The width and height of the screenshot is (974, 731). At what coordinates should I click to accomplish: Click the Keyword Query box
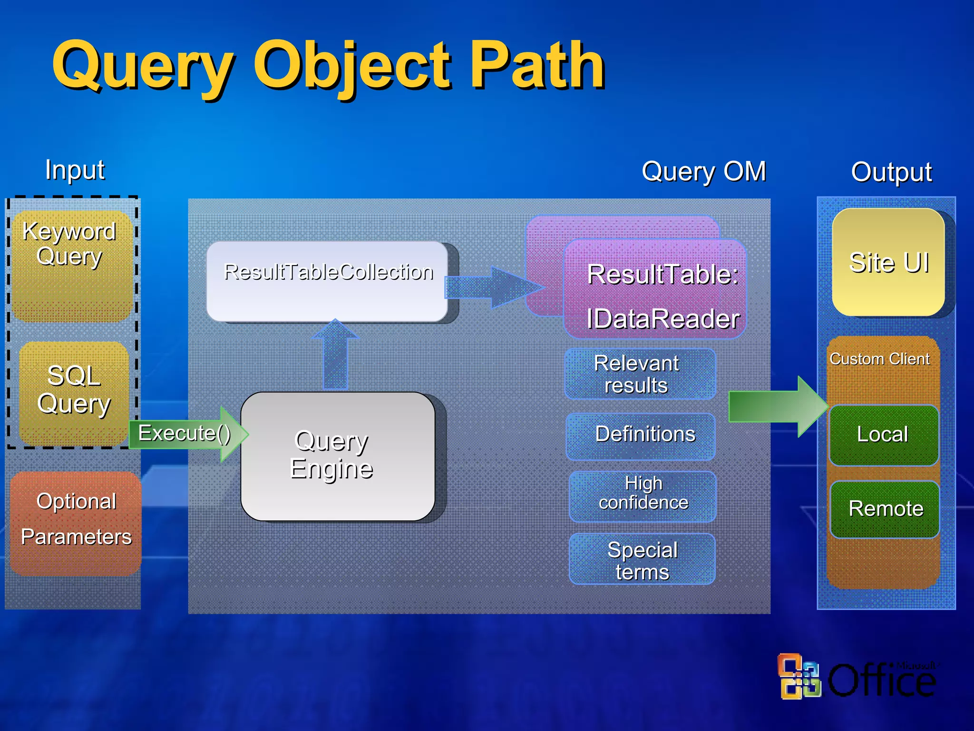(x=71, y=267)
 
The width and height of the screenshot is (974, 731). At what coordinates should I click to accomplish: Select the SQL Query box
(x=74, y=393)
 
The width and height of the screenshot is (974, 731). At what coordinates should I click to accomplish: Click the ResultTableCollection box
(x=327, y=281)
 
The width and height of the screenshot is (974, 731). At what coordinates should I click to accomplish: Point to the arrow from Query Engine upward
(x=335, y=355)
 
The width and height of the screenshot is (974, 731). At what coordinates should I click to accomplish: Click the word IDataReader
(x=663, y=319)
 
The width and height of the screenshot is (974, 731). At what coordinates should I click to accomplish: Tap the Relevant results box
(x=639, y=374)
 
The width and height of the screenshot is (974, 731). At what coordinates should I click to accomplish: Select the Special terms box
(x=642, y=559)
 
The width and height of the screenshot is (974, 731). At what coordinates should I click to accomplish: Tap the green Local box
(x=884, y=435)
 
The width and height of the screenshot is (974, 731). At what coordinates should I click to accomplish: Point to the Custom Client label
(x=879, y=359)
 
